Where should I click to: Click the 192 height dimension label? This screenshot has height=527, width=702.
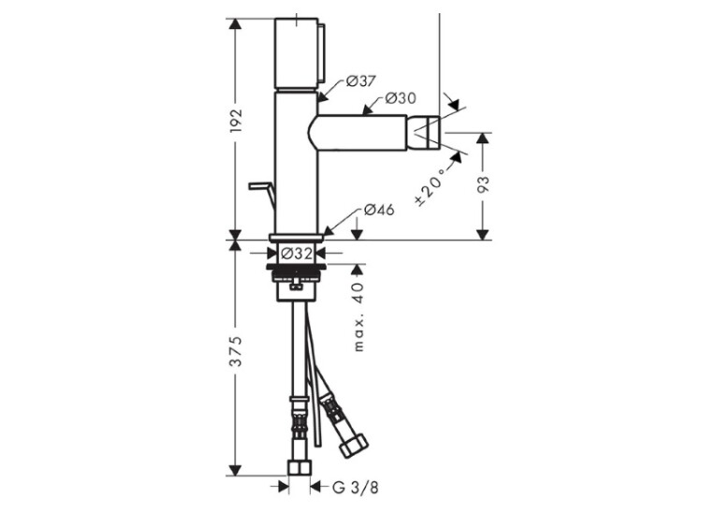click(x=236, y=120)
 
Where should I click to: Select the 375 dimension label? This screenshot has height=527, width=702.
click(x=236, y=351)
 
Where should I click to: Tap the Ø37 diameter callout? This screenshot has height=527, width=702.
click(x=361, y=81)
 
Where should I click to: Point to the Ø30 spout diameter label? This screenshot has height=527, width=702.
click(x=401, y=97)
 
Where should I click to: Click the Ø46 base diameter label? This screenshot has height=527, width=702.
click(x=379, y=209)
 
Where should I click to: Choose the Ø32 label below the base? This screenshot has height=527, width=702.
click(x=297, y=254)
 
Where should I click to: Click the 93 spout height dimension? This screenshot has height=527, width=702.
click(x=483, y=184)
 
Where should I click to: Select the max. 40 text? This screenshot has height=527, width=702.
click(x=359, y=317)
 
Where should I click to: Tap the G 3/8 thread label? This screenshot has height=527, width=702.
click(x=356, y=487)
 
